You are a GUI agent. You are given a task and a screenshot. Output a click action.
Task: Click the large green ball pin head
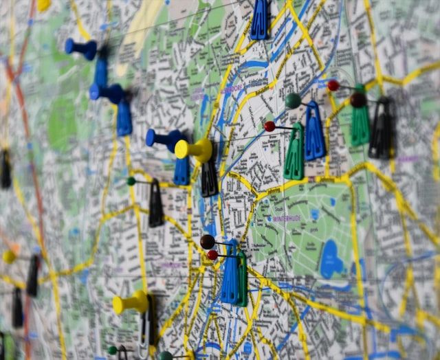(x=293, y=101)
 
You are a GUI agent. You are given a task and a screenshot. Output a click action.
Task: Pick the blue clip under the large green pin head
(x=314, y=132)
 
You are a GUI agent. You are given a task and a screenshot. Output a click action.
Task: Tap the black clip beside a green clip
(x=381, y=129)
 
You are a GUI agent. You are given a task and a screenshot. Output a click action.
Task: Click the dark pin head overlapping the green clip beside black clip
(x=357, y=100)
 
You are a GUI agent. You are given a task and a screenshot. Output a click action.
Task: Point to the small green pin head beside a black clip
(x=131, y=181)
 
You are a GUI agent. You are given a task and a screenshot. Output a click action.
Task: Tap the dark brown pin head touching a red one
(x=207, y=242)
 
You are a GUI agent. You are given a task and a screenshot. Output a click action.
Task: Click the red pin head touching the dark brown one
(x=212, y=255)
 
